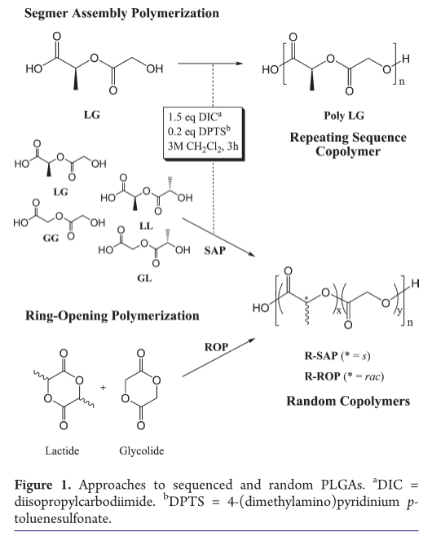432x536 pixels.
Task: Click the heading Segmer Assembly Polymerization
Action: click(x=121, y=14)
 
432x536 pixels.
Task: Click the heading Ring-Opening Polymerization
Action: click(x=112, y=316)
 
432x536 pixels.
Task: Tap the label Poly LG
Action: click(x=344, y=116)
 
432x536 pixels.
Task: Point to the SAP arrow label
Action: click(x=215, y=251)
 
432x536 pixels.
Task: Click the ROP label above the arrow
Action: click(x=216, y=347)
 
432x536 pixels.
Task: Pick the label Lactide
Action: click(x=62, y=450)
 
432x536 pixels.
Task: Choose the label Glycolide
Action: click(x=142, y=451)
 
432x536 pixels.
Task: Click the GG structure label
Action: click(x=51, y=238)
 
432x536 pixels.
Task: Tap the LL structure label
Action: click(x=146, y=226)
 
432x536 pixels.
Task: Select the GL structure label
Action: click(x=144, y=279)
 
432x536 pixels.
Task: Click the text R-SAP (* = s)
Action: click(x=337, y=356)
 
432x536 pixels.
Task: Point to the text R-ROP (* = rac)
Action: click(x=344, y=376)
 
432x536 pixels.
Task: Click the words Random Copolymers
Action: click(x=348, y=401)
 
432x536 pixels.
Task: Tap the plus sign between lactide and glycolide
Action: click(x=103, y=387)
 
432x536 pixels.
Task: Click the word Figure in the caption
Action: click(x=33, y=485)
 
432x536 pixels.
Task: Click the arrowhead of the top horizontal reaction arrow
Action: click(x=240, y=64)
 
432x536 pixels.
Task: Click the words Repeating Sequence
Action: click(x=348, y=138)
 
